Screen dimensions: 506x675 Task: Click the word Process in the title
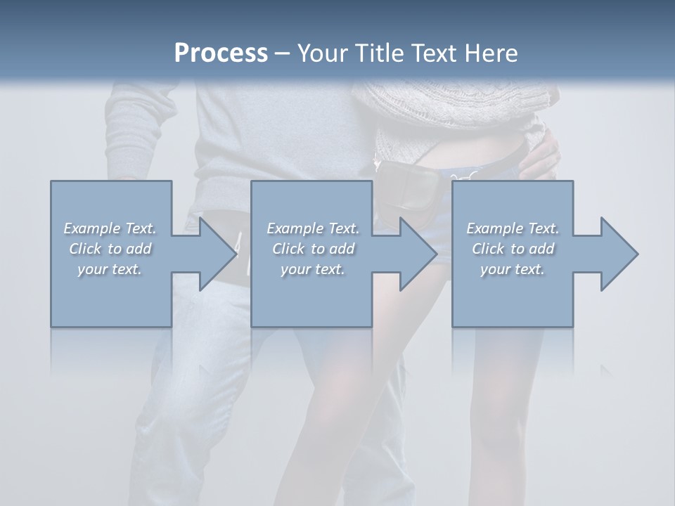[x=221, y=53]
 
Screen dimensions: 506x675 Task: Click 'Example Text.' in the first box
[x=110, y=228]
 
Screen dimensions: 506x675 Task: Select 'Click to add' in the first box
[x=110, y=249]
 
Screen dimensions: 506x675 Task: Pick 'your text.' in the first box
[x=110, y=269]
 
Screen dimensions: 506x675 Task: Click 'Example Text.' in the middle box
[x=313, y=228]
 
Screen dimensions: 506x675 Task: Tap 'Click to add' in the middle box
[x=313, y=249]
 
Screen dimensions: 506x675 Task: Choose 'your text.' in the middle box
[x=313, y=269]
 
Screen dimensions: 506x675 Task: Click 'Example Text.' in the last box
[x=513, y=228]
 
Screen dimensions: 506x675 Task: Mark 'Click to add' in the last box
[x=513, y=249]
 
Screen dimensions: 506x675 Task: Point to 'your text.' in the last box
[x=513, y=269]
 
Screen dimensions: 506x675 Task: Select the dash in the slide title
[x=281, y=53]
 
